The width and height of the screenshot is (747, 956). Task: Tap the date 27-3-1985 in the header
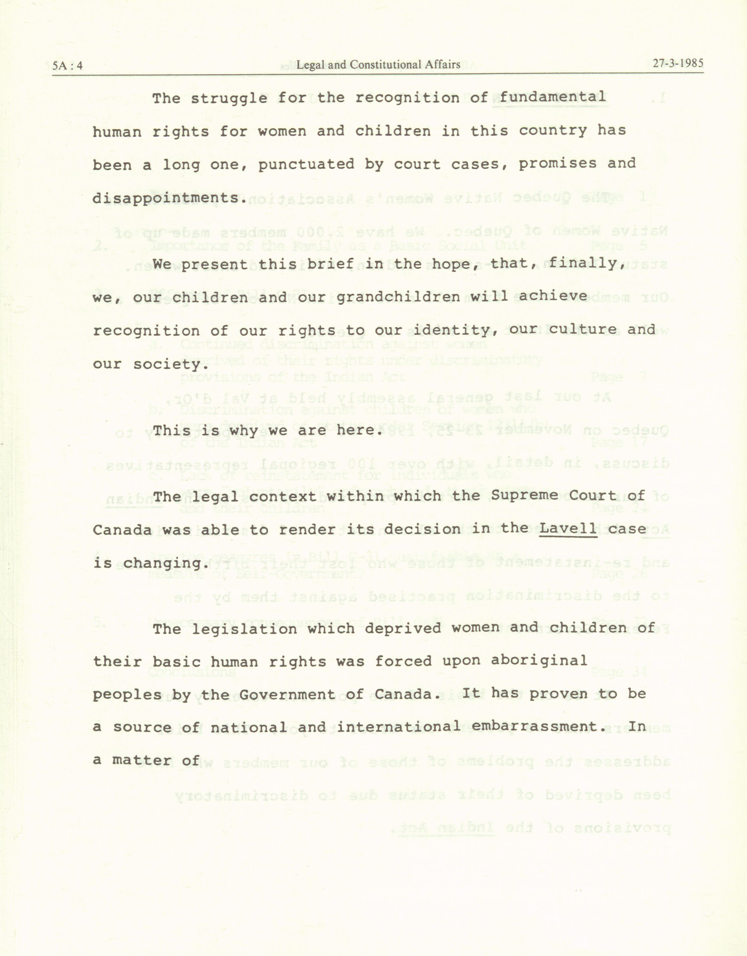click(x=678, y=63)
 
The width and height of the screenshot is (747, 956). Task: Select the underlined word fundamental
click(x=552, y=97)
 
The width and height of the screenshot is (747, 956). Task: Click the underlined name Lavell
click(x=568, y=528)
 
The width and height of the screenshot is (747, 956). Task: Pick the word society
click(x=171, y=364)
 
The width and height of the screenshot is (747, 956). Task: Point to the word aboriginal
click(x=539, y=660)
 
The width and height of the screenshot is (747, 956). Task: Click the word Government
click(x=287, y=695)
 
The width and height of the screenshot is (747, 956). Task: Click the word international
click(x=399, y=727)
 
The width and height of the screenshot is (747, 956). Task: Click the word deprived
click(x=402, y=628)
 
